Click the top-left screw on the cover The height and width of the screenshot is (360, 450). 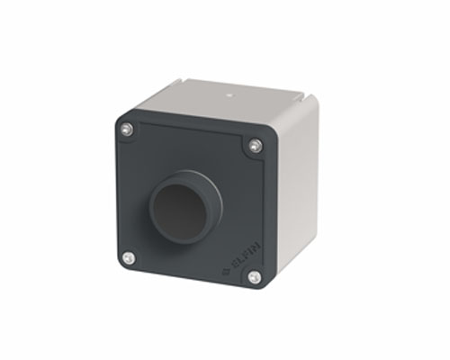[x=127, y=129]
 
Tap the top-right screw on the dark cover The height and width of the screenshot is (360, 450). [x=256, y=146]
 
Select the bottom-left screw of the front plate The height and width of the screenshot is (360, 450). [x=129, y=258]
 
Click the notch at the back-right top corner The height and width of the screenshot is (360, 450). [x=304, y=95]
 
